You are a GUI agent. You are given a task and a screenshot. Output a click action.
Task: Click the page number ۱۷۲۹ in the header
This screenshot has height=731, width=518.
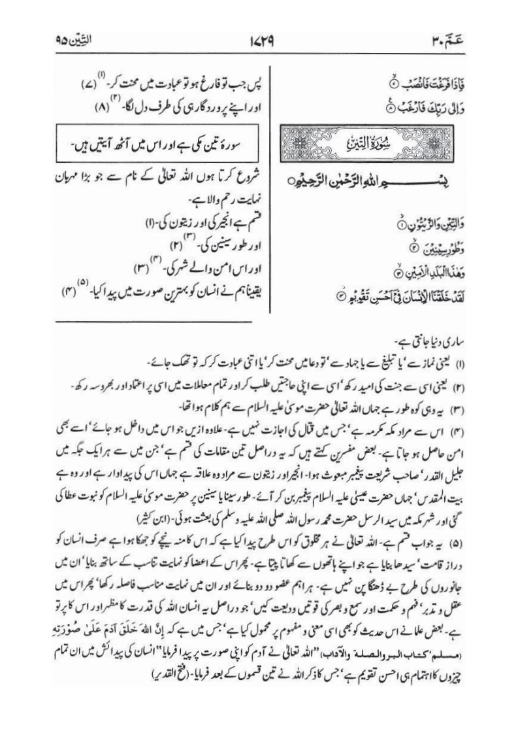pyautogui.click(x=259, y=47)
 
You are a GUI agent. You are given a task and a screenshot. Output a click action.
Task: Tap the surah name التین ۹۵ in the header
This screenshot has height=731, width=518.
pyautogui.click(x=74, y=47)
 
